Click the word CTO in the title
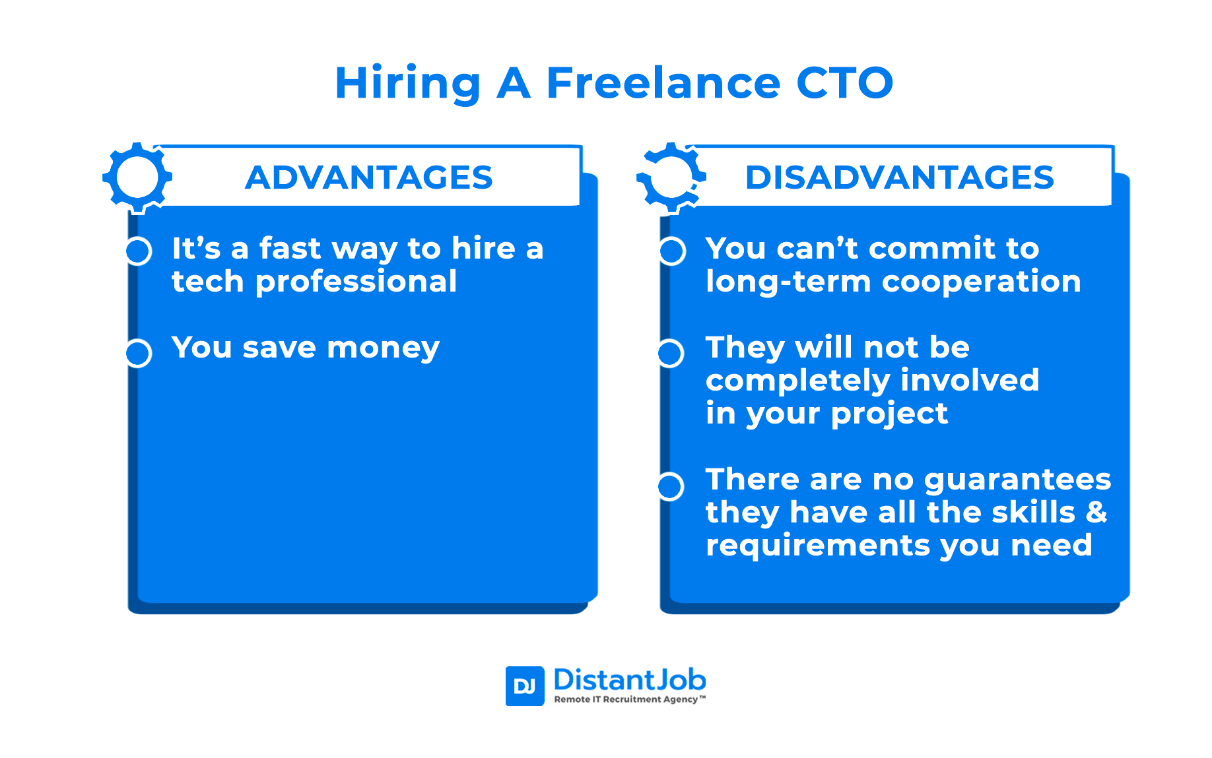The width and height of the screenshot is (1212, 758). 845,83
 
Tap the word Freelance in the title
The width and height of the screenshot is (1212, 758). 663,83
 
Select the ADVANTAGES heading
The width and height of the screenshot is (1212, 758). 369,177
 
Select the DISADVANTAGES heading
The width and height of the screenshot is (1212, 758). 900,177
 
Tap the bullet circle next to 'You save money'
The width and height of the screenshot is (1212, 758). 139,353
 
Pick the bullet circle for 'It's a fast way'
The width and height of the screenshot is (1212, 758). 139,251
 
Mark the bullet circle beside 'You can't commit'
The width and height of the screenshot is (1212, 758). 672,251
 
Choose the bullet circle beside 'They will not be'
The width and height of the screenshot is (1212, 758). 671,353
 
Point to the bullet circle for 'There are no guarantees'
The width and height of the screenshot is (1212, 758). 671,486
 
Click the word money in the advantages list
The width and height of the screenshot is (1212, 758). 384,348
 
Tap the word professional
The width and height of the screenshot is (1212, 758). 356,282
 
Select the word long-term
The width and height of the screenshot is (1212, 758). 788,282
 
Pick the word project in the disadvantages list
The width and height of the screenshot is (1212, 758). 889,414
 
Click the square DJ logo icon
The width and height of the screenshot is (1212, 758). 525,686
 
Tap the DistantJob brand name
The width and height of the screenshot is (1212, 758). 630,679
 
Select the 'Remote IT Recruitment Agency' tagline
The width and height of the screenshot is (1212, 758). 629,699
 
